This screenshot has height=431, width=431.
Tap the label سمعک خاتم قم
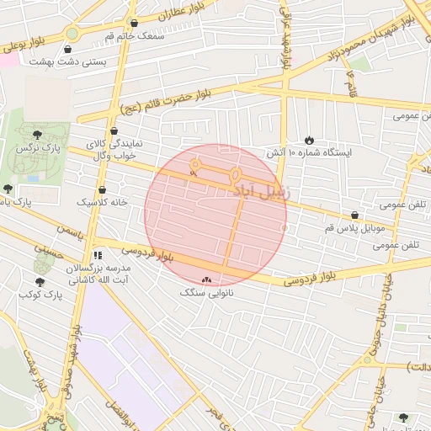[x=127, y=37]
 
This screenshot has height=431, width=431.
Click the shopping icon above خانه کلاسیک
[x=102, y=190]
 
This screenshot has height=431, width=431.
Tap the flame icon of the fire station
[x=310, y=140]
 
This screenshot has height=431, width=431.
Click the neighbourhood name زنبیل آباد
[x=261, y=190]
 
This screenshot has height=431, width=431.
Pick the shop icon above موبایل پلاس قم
[x=354, y=215]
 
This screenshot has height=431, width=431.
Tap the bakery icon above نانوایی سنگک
[x=206, y=279]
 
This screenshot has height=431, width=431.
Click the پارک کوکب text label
[x=40, y=295]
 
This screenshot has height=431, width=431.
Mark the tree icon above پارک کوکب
[x=40, y=281]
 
